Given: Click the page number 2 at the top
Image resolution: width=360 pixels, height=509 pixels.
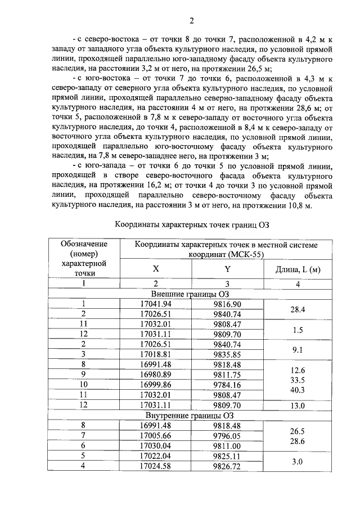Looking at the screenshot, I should click(x=191, y=22).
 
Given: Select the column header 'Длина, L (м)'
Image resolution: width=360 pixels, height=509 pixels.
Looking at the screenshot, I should click(x=298, y=269).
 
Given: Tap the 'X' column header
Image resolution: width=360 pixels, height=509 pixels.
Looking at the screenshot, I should click(x=156, y=269).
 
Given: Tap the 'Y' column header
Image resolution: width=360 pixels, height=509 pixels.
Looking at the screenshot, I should click(x=227, y=269).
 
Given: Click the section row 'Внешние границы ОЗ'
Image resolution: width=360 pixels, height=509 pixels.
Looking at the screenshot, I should click(x=192, y=294).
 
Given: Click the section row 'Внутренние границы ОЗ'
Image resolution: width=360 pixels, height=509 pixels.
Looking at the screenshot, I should click(x=192, y=416).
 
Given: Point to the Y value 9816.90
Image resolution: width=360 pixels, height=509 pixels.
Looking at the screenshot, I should click(x=227, y=304).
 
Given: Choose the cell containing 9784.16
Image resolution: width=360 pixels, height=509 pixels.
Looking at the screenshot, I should click(x=227, y=385).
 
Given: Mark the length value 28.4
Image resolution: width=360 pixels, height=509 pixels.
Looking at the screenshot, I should click(x=298, y=309).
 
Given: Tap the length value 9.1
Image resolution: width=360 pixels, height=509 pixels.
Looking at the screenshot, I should click(x=298, y=350).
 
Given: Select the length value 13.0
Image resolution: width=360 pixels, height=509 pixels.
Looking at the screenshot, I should click(x=298, y=406).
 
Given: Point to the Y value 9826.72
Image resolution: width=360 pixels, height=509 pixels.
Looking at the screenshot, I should click(x=227, y=466).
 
